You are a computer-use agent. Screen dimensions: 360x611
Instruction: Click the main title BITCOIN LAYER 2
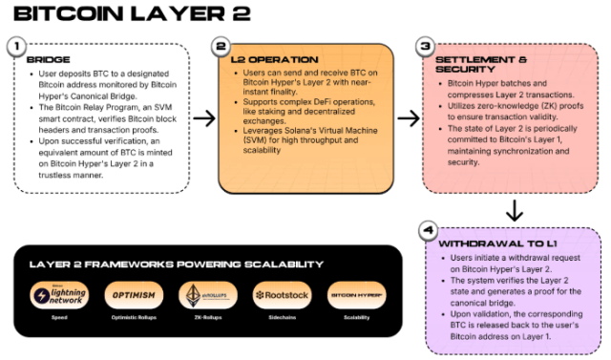pos(134,15)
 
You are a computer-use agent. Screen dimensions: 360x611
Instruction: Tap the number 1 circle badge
pos(17,46)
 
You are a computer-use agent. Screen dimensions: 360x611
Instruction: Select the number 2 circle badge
pos(221,46)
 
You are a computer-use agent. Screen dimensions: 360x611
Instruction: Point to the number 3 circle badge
pos(426,46)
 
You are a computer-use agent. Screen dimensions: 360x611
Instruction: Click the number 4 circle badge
pos(426,230)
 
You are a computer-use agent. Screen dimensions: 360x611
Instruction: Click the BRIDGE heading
pos(43,59)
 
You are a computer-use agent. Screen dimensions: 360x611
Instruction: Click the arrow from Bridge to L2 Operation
pos(203,118)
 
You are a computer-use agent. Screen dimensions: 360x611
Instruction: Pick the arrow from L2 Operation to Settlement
pos(409,118)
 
